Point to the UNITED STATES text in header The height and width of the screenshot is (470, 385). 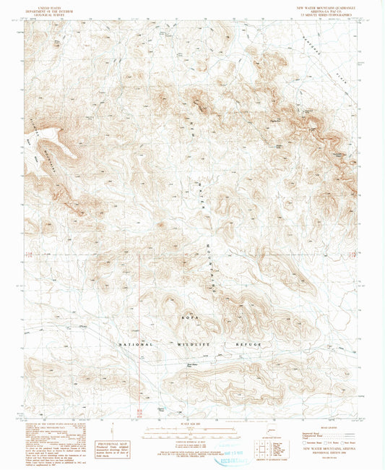click(x=43, y=4)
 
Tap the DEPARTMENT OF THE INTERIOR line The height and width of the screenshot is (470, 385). click(x=43, y=7)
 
